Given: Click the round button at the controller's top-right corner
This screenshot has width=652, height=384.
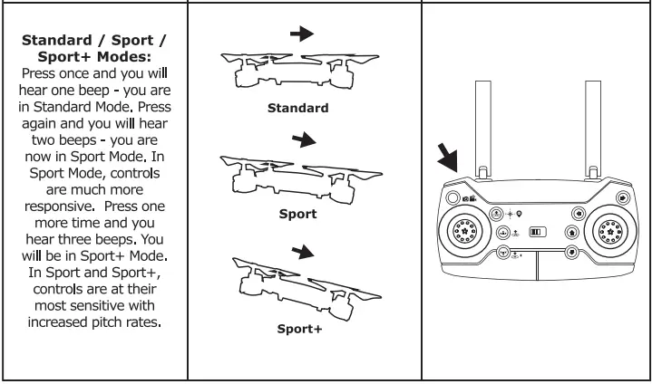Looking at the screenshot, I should [x=623, y=197].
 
